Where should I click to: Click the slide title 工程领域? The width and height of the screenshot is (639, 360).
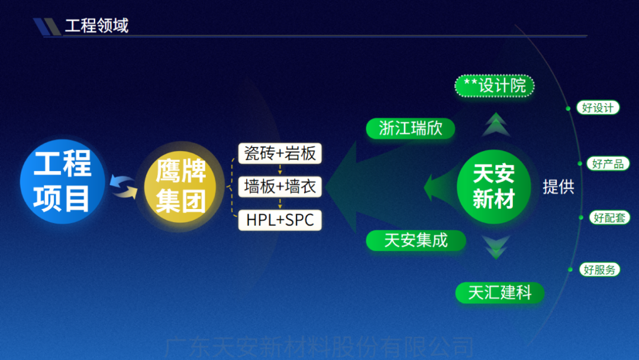point(96,26)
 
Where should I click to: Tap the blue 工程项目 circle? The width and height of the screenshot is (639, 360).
point(62,181)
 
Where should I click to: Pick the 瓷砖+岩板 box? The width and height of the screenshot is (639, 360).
point(280,154)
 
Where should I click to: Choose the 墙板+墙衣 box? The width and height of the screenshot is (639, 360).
point(280,187)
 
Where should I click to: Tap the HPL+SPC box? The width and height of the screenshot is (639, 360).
point(280,220)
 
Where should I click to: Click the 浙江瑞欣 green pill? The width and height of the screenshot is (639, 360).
point(411,128)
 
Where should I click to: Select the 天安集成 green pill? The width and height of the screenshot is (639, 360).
point(416,240)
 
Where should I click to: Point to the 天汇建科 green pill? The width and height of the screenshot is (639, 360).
point(500,292)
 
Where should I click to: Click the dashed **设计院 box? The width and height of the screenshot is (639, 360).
point(495,86)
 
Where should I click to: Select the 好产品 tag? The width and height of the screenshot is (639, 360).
point(608,163)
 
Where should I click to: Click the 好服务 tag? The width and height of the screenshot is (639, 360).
point(600,269)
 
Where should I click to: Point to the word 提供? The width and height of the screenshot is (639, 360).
point(559,187)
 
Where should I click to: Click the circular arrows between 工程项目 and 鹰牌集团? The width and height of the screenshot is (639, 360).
point(124,185)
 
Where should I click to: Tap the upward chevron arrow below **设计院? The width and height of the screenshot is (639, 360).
point(496,125)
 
